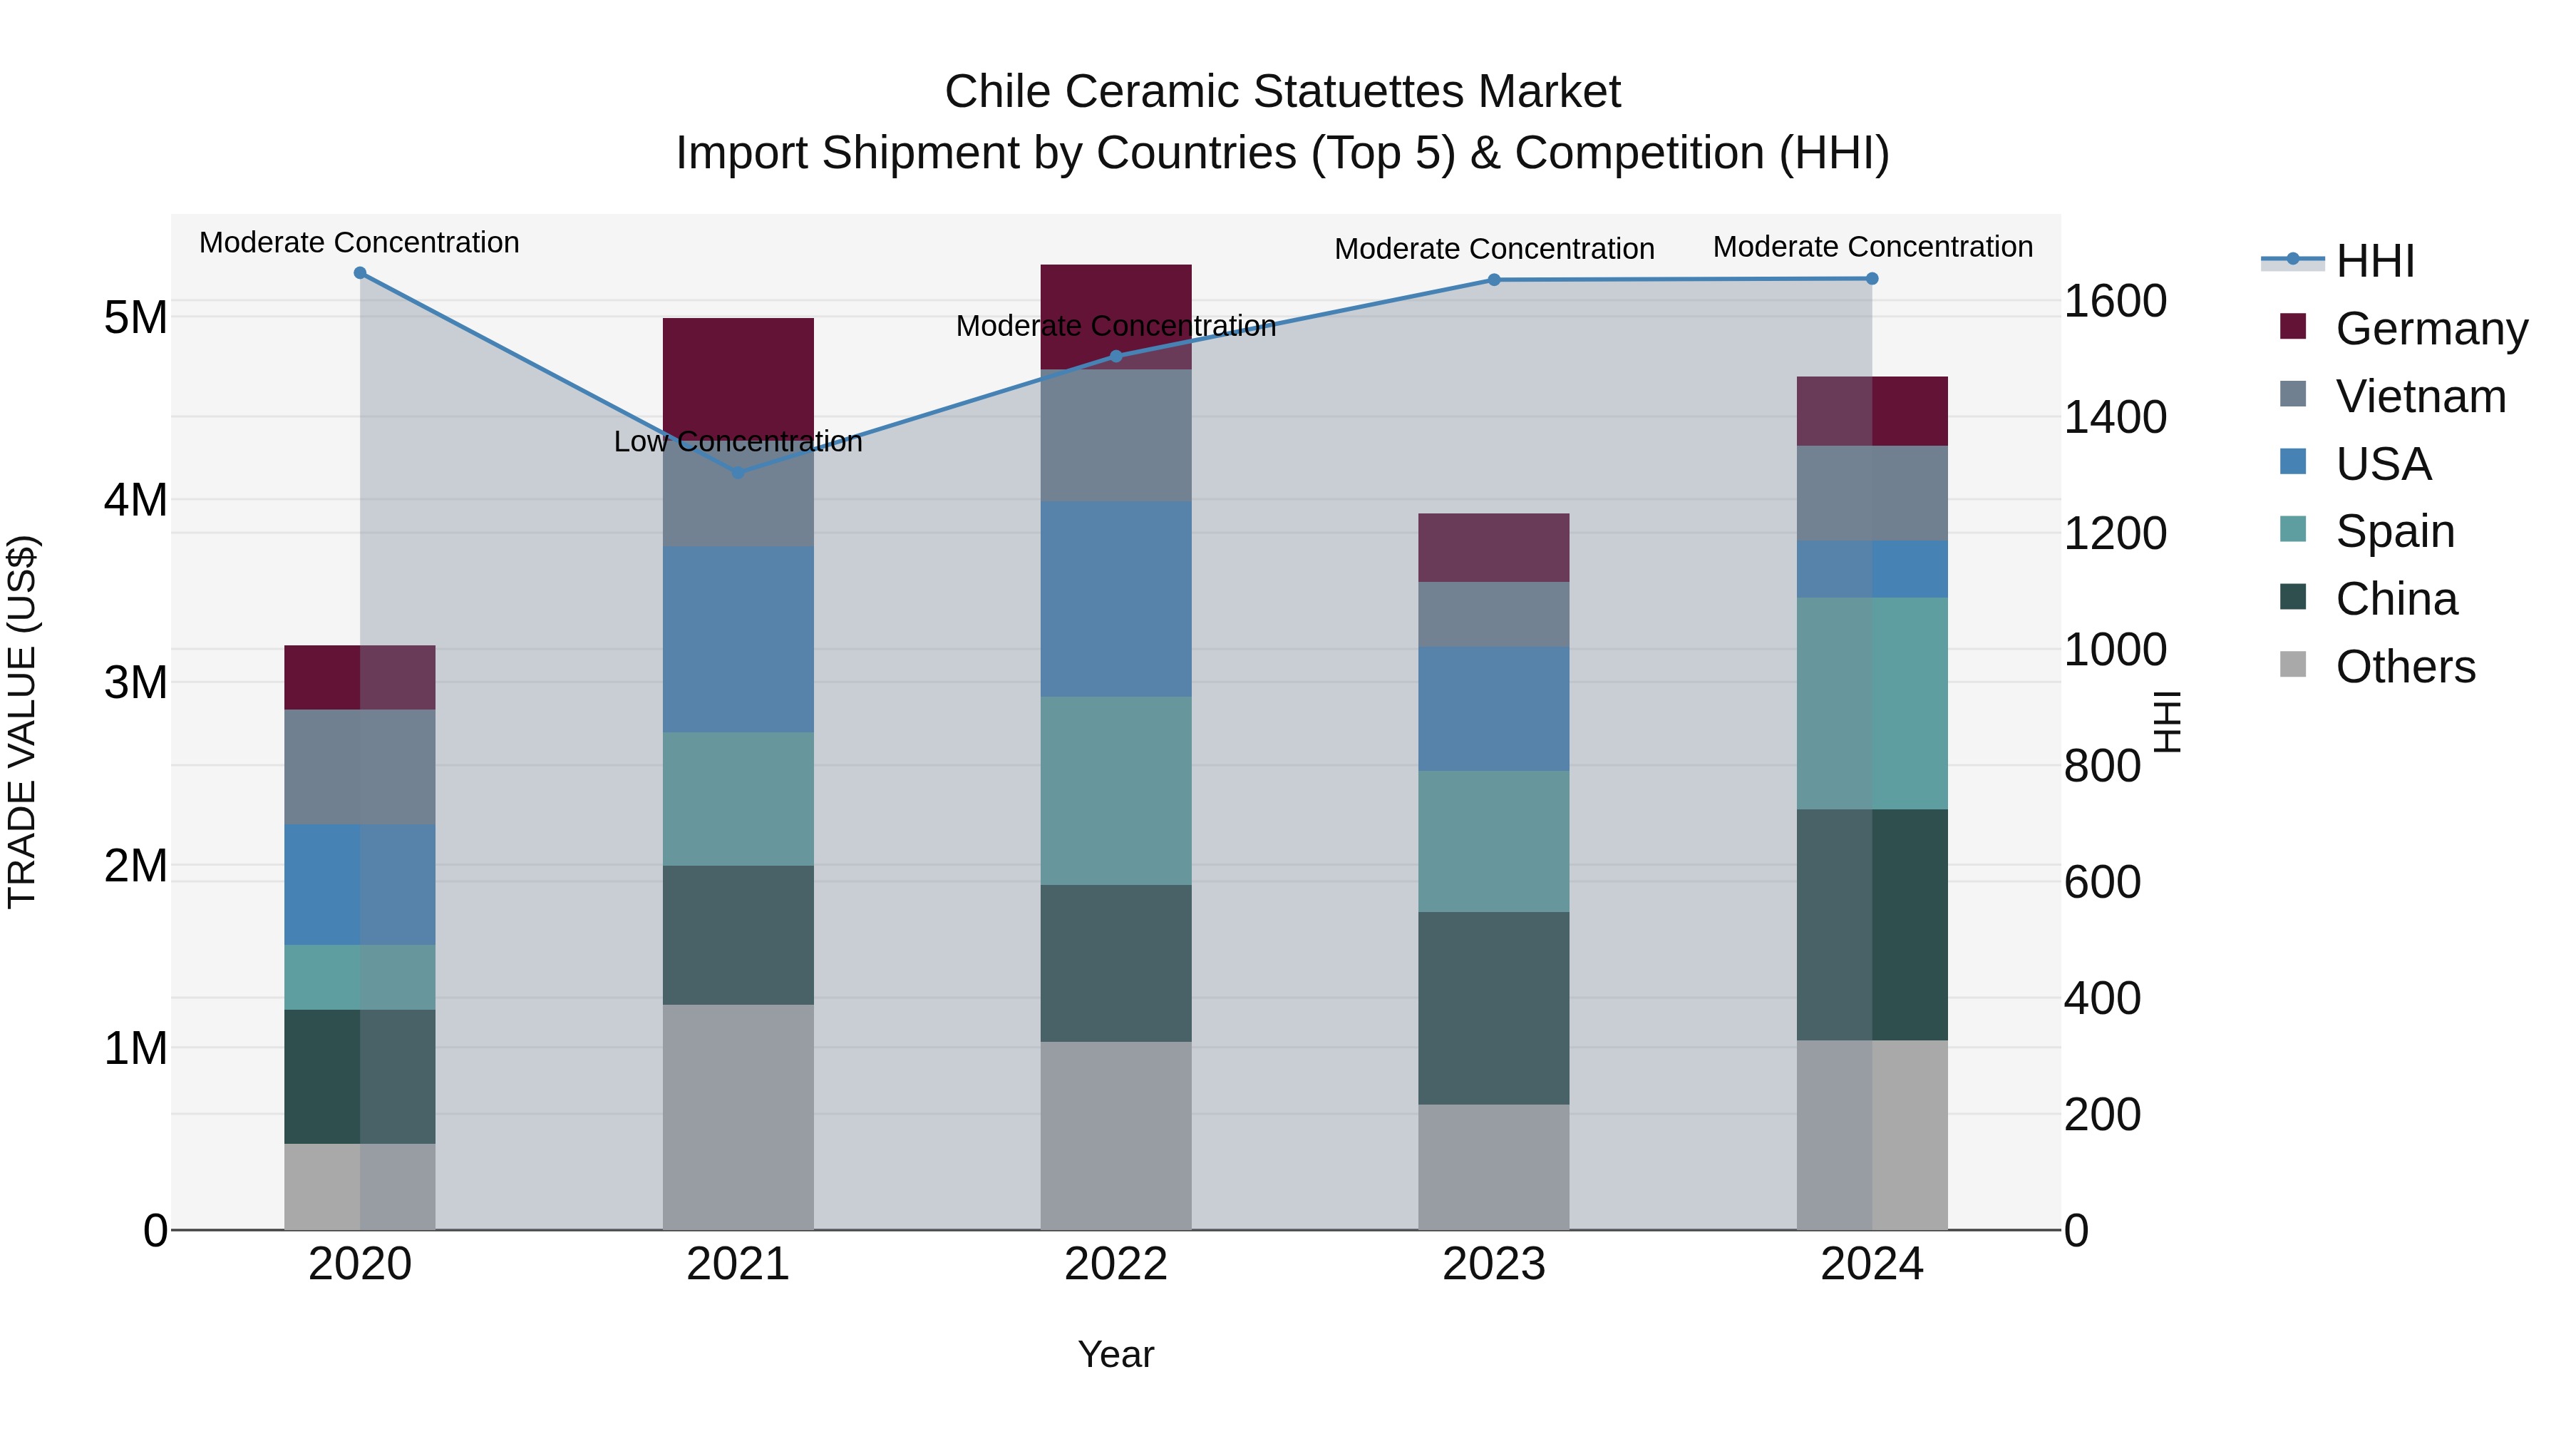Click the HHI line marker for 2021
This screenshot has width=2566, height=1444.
[x=738, y=472]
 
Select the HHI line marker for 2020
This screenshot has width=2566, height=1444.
[x=361, y=273]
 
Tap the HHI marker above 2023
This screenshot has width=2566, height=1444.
[x=1494, y=280]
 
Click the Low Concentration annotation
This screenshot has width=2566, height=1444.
[x=738, y=441]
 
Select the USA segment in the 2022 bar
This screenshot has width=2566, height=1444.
[x=1115, y=599]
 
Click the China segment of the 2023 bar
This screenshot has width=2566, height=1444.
[x=1494, y=1008]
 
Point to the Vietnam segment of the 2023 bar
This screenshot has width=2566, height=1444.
[x=1494, y=614]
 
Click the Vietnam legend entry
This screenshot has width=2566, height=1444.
[x=2420, y=396]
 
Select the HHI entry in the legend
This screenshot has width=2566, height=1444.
[x=2375, y=261]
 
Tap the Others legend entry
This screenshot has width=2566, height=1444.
[x=2405, y=667]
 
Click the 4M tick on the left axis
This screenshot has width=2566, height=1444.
[x=136, y=501]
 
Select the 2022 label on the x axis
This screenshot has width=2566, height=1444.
[x=1115, y=1264]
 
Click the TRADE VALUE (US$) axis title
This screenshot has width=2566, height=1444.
[x=22, y=722]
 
